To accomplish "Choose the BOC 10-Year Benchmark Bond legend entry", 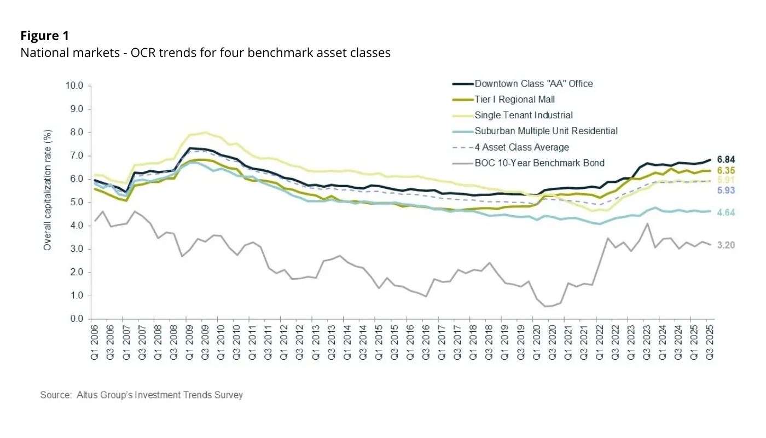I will tap(539, 163).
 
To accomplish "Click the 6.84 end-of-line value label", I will tap(726, 159).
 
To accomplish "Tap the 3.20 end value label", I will tap(726, 245).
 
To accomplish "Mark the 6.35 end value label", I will tap(726, 170).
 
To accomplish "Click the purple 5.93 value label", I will tap(726, 191).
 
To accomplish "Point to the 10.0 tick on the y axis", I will tap(73, 86).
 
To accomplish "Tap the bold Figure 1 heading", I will tap(45, 36).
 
